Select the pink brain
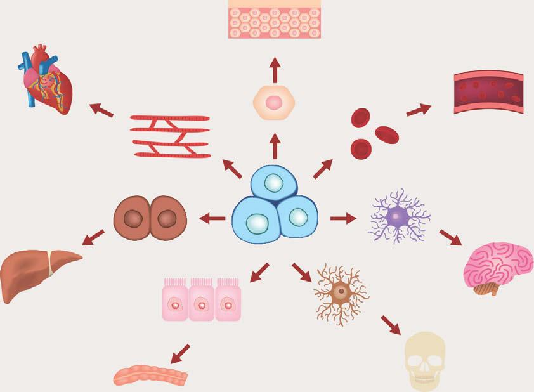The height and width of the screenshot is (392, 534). pos(498,266)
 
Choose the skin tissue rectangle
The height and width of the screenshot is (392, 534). pos(274,19)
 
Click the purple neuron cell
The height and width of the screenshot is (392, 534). pos(398,216)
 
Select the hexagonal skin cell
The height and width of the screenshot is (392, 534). pos(274,101)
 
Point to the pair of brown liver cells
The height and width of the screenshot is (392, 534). pos(150,219)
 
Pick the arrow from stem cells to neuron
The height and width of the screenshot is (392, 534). pos(343,219)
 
